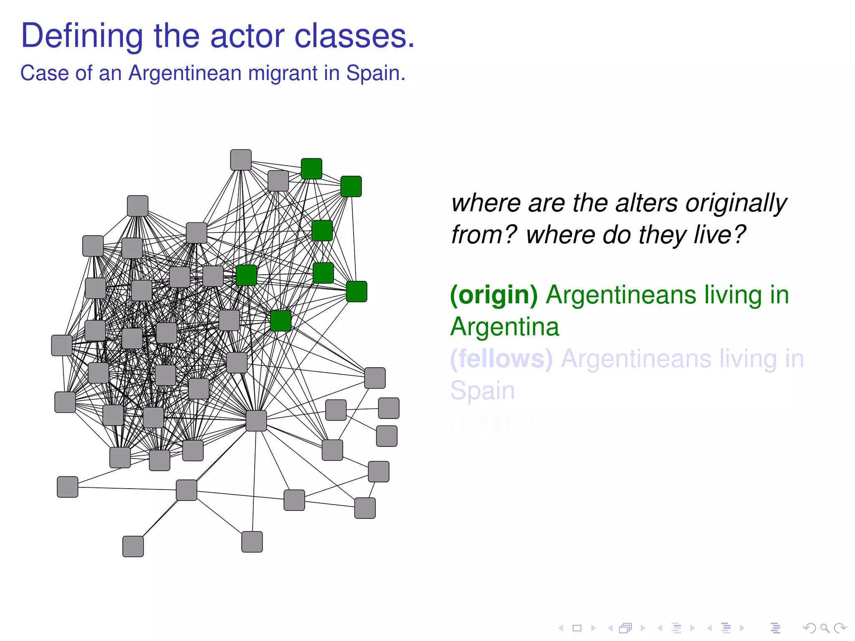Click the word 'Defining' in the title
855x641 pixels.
pyautogui.click(x=82, y=37)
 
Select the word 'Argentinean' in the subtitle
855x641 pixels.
pyautogui.click(x=185, y=73)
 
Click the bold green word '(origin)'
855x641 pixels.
pyautogui.click(x=494, y=295)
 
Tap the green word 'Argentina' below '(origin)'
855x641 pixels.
pyautogui.click(x=504, y=327)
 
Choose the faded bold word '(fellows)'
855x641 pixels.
pyautogui.click(x=501, y=359)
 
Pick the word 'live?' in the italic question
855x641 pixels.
pyautogui.click(x=719, y=235)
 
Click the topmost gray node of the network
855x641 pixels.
pyautogui.click(x=241, y=160)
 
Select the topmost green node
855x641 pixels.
pyautogui.click(x=311, y=169)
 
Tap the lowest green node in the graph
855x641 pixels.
pyautogui.click(x=281, y=320)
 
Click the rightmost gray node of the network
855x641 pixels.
pyautogui.click(x=389, y=408)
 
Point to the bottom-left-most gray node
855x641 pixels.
pyautogui.click(x=133, y=546)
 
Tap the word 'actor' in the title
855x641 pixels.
pyautogui.click(x=247, y=37)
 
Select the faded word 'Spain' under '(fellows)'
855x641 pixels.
pyautogui.click(x=482, y=391)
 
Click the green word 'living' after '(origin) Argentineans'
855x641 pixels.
pyautogui.click(x=727, y=295)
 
